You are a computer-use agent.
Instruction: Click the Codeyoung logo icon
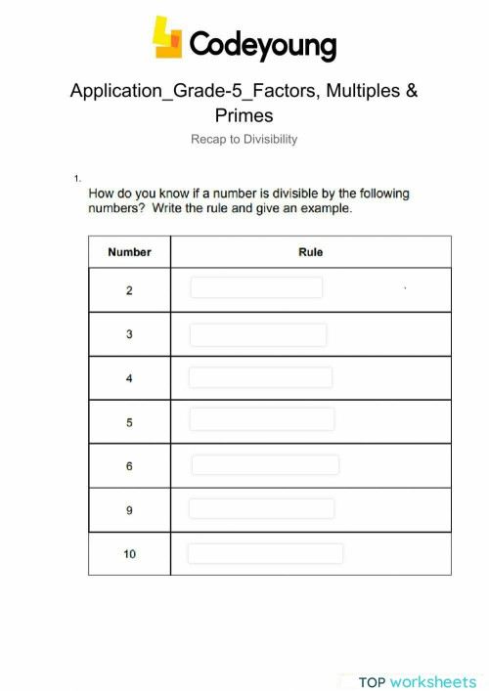pyautogui.click(x=167, y=38)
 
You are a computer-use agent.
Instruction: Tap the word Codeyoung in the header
pyautogui.click(x=262, y=44)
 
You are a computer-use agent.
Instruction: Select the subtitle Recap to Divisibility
pyautogui.click(x=244, y=139)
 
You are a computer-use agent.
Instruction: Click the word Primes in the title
pyautogui.click(x=244, y=115)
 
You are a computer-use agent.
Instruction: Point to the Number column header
pyautogui.click(x=129, y=252)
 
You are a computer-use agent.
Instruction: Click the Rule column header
pyautogui.click(x=310, y=252)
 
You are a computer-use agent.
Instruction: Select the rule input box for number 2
pyautogui.click(x=256, y=287)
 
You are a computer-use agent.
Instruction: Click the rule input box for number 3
pyautogui.click(x=258, y=334)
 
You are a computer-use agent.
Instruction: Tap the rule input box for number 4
pyautogui.click(x=260, y=377)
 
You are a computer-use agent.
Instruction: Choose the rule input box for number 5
pyautogui.click(x=261, y=419)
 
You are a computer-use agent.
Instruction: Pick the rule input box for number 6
pyautogui.click(x=265, y=465)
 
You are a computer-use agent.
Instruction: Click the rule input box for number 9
pyautogui.click(x=261, y=508)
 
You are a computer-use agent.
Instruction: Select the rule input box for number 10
pyautogui.click(x=265, y=553)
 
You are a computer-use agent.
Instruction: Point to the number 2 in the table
pyautogui.click(x=129, y=290)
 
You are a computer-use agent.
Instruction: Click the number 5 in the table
pyautogui.click(x=129, y=422)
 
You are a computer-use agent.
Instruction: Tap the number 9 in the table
pyautogui.click(x=129, y=510)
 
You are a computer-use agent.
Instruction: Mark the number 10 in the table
pyautogui.click(x=129, y=554)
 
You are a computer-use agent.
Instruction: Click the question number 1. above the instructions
pyautogui.click(x=76, y=178)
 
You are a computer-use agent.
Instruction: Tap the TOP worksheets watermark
pyautogui.click(x=417, y=681)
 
